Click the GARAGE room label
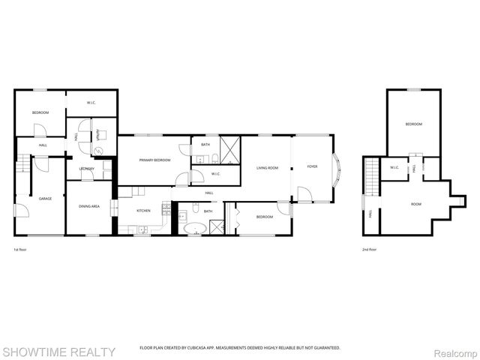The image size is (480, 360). click(44, 198)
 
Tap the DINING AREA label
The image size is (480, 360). click(90, 205)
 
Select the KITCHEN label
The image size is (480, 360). click(143, 211)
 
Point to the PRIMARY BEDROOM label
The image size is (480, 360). click(154, 160)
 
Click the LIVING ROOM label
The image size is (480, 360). click(267, 168)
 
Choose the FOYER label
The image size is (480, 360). click(312, 166)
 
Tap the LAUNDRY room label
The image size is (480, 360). click(86, 168)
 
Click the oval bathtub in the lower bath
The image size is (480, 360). click(196, 228)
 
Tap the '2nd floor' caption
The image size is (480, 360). click(368, 250)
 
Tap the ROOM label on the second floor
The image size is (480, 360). click(415, 204)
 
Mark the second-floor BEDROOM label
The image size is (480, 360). click(413, 124)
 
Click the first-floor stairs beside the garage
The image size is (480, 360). click(24, 163)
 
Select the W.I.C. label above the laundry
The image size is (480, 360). click(91, 102)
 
